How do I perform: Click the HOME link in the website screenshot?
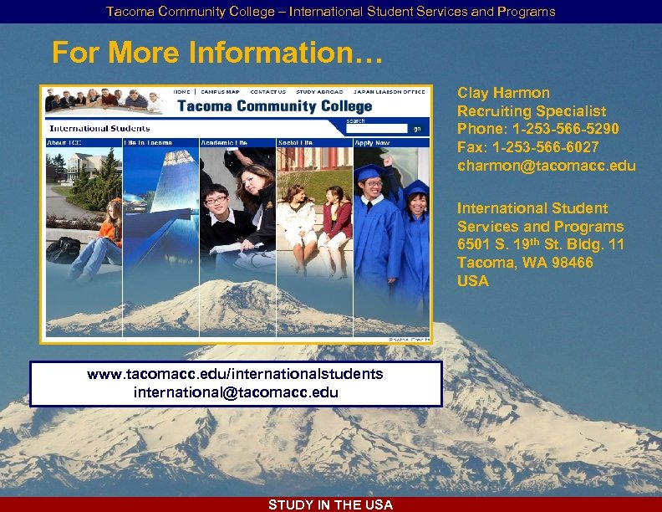[181, 91]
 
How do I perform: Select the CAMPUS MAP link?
[221, 91]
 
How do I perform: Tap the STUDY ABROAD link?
[319, 91]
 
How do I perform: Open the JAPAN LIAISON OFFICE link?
[389, 91]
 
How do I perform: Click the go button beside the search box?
[417, 129]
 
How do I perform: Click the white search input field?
[377, 129]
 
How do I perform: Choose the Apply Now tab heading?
[373, 143]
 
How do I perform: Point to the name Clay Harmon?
[503, 93]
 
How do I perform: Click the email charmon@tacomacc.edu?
[546, 166]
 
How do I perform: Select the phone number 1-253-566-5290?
[566, 129]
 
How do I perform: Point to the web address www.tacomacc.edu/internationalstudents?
[235, 374]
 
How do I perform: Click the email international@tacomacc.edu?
[236, 392]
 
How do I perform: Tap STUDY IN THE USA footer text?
[330, 504]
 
